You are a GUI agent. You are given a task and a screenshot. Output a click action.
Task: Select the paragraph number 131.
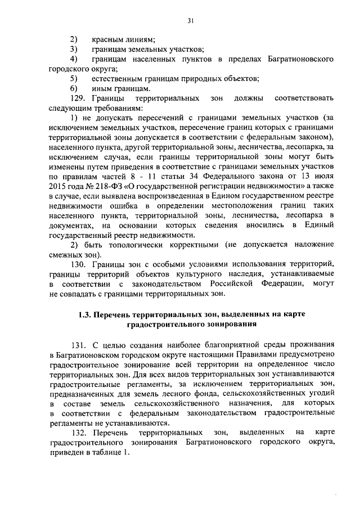click(x=78, y=344)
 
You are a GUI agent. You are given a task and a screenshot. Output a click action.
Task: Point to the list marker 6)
click(x=74, y=88)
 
